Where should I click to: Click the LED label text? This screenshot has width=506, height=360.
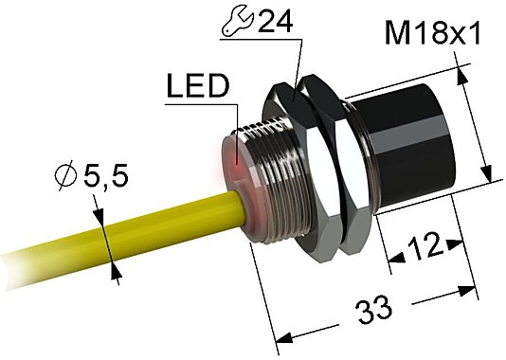tap(197, 87)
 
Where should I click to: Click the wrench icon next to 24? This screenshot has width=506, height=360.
tap(239, 20)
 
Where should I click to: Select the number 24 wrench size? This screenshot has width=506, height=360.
tap(276, 20)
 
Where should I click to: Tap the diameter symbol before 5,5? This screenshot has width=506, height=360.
tap(67, 176)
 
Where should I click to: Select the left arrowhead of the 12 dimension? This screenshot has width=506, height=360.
tap(391, 259)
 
